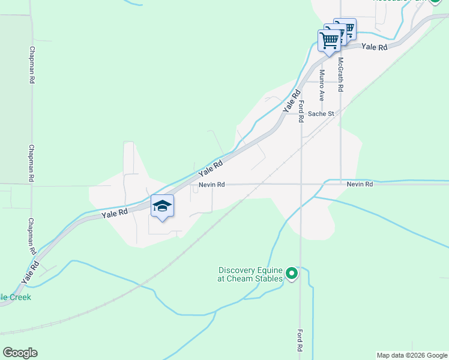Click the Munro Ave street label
coord(322,85)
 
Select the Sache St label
coord(321,113)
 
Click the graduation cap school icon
coord(162,206)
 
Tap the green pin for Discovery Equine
coord(292,274)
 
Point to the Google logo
coord(20,353)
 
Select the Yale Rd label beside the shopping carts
coord(375,47)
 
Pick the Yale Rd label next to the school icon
coord(115,213)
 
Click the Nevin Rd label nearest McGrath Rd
coord(360,184)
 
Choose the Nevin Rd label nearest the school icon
coord(212,185)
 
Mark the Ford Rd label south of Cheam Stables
coord(300,340)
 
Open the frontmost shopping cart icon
coord(329,41)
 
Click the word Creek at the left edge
coord(16,297)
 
